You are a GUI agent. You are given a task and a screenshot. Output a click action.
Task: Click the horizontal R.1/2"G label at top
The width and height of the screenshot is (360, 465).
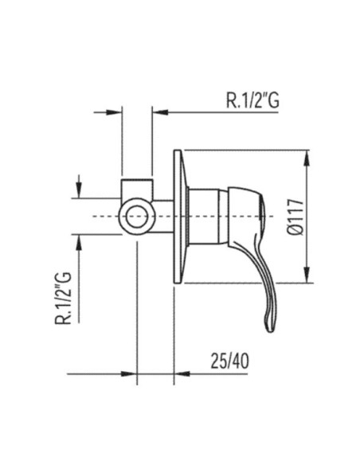[252, 100]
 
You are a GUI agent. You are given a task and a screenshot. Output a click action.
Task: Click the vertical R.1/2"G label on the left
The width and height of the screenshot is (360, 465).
[63, 298]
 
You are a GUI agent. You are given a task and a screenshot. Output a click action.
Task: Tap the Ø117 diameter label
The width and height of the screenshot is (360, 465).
[295, 217]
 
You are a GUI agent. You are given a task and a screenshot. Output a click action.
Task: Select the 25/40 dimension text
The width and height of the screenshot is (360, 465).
[230, 361]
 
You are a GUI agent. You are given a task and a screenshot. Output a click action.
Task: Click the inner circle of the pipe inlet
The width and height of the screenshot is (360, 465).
[137, 217]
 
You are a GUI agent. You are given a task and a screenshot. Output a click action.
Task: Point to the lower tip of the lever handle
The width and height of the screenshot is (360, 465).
[270, 330]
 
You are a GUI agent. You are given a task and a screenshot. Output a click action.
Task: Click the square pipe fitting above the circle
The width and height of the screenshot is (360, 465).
[137, 189]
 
